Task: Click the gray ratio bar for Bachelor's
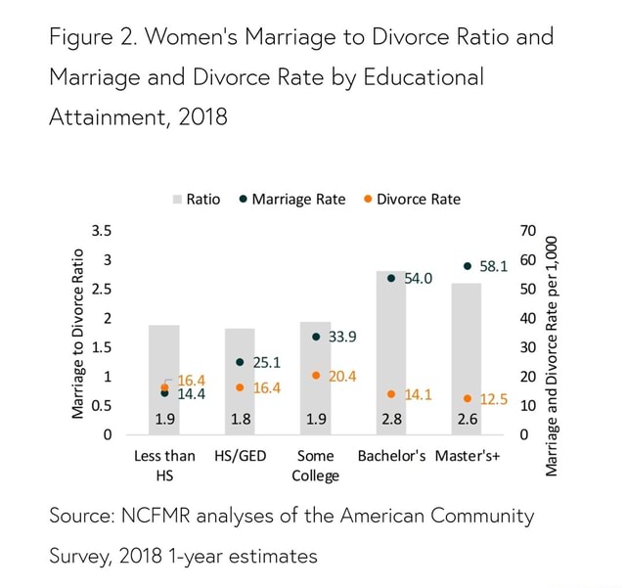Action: pos(390,352)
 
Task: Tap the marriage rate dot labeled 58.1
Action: pos(468,265)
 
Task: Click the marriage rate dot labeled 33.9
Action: pos(315,337)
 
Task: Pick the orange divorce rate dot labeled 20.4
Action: pos(315,375)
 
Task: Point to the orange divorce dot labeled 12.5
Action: pos(468,398)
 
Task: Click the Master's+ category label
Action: pos(468,456)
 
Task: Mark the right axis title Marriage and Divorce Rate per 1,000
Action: pos(553,357)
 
